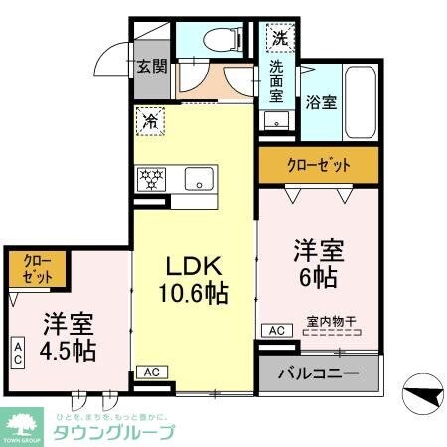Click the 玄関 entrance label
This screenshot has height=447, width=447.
[152, 69]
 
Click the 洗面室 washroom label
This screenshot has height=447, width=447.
[277, 81]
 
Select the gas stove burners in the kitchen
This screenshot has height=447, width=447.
[153, 179]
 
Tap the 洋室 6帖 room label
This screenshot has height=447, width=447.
[319, 260]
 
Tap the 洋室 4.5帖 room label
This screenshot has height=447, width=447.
[68, 337]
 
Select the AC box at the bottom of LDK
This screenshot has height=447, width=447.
[151, 372]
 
